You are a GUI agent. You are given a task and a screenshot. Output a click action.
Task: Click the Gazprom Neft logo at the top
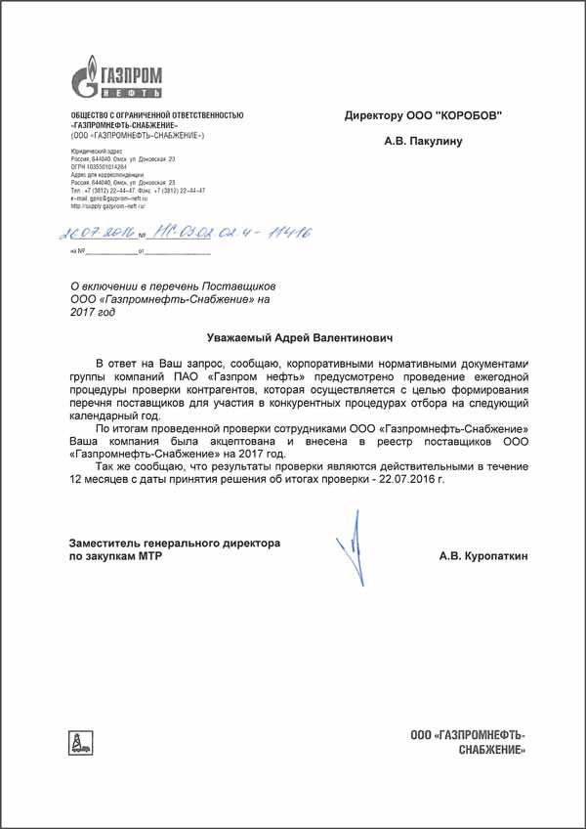tap(118, 76)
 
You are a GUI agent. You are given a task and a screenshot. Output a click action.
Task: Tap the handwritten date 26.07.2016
tap(96, 235)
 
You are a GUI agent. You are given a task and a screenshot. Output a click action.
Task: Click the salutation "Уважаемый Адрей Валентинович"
tap(292, 337)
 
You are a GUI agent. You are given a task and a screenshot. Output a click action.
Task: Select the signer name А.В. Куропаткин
tap(482, 555)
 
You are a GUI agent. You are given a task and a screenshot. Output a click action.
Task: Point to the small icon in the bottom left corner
tap(75, 742)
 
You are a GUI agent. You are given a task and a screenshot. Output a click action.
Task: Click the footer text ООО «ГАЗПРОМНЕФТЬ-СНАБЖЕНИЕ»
tap(468, 741)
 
